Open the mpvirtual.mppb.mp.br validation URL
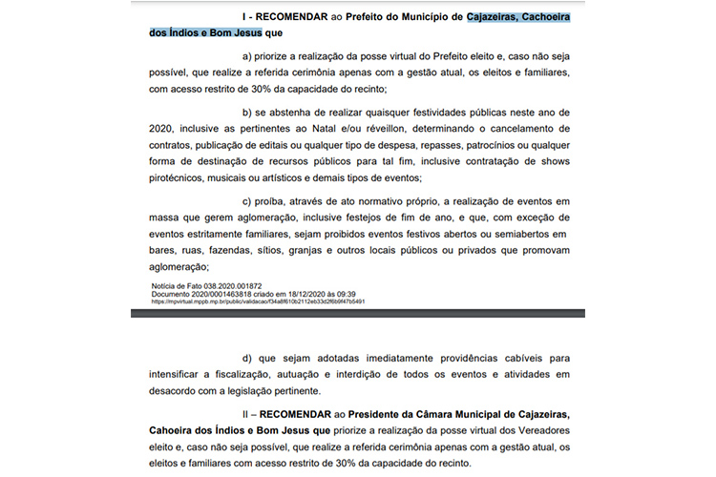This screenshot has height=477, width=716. [258, 301]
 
